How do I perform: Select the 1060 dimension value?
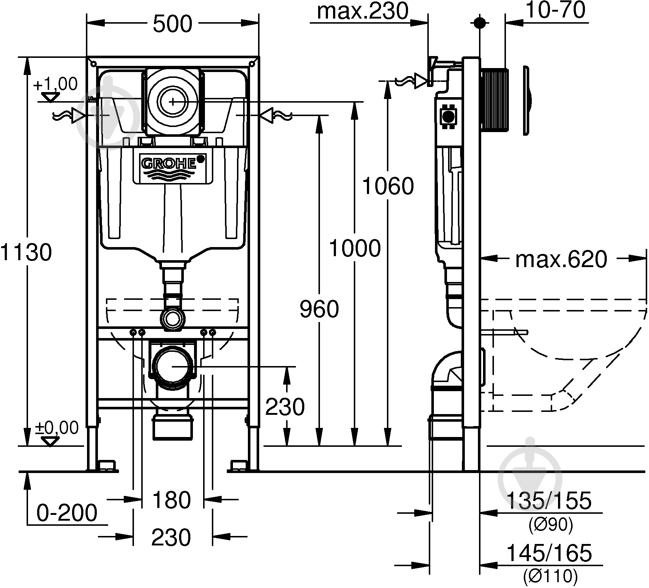pos(388,186)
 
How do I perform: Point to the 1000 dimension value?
pos(355,248)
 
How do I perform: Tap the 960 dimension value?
pos(319,309)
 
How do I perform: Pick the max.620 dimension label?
pos(561,259)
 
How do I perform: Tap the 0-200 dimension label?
pos(67,513)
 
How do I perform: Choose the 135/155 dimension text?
pos(549,500)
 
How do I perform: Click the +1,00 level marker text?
pos(55,84)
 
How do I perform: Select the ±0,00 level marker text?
pos(56,428)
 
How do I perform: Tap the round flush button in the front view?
pos(173,101)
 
